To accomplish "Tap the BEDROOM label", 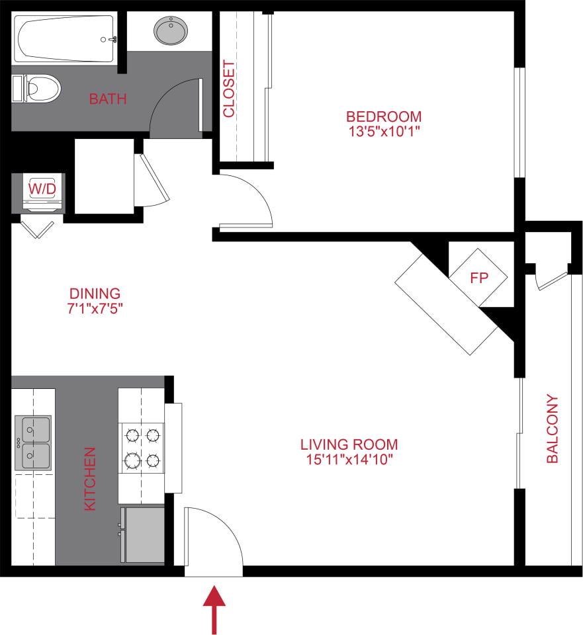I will click(x=384, y=116).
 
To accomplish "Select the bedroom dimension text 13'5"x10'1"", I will click(x=384, y=131).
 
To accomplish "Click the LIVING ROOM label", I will click(x=349, y=444).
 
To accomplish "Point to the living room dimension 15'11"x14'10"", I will click(x=349, y=460).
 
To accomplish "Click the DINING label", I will click(x=95, y=293).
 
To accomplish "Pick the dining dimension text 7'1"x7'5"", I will click(x=95, y=308).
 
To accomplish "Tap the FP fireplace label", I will click(x=478, y=278).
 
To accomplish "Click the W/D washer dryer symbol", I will click(x=42, y=190).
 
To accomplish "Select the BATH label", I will click(x=108, y=100).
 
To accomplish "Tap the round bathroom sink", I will click(x=171, y=30).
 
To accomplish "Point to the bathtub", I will click(x=65, y=39).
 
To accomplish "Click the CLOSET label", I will click(x=229, y=89).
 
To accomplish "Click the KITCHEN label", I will click(x=90, y=479).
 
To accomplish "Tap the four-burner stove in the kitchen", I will click(x=142, y=447).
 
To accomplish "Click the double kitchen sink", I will click(x=33, y=443).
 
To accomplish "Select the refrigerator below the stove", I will click(x=142, y=534).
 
